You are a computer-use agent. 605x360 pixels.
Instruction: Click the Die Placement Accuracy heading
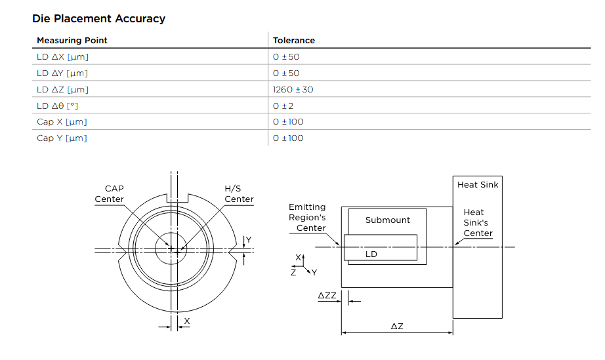98,18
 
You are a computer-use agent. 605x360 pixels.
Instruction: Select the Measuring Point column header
72,41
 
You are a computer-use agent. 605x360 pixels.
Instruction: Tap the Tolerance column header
293,41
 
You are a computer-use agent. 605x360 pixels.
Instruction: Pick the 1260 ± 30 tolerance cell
293,89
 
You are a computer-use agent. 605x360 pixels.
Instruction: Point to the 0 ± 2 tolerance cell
283,106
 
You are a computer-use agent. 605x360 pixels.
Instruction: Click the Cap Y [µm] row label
61,138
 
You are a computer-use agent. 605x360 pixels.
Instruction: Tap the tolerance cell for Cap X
288,121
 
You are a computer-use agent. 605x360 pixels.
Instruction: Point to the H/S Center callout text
239,193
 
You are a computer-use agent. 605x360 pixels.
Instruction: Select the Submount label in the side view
387,220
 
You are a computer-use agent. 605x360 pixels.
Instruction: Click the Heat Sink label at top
477,185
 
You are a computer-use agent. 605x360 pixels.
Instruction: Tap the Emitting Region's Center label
307,217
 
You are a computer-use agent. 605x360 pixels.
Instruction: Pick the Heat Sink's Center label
477,222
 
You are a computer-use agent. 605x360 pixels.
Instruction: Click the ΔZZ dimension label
327,296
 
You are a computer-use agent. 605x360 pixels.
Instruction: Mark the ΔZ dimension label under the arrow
396,326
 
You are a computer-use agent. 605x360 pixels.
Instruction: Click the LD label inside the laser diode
371,254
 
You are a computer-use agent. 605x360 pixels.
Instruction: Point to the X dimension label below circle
187,321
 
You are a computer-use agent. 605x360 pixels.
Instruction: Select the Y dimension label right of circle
248,239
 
